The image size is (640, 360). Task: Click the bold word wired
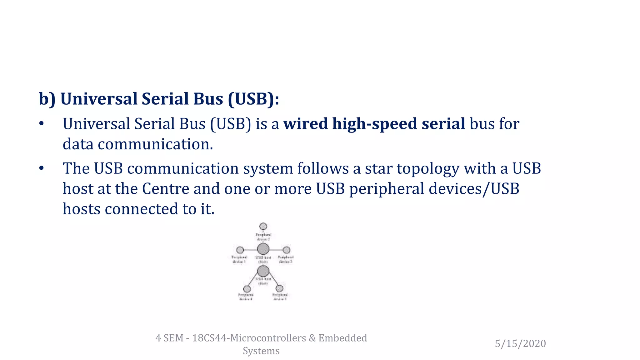point(305,124)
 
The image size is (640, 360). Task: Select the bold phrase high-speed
point(375,124)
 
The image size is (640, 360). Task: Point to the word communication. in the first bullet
point(155,144)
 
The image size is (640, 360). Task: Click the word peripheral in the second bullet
point(386,189)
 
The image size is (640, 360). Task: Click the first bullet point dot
point(42,124)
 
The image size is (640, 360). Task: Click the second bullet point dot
point(42,168)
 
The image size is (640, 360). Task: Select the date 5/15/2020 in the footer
point(520,343)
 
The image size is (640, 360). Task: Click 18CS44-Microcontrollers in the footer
point(249,338)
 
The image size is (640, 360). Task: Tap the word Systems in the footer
point(261,351)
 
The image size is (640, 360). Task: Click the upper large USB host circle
point(263,249)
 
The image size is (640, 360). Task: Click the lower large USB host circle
point(263,271)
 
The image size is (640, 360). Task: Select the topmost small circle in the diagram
point(263,226)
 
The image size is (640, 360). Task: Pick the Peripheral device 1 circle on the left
point(240,250)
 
